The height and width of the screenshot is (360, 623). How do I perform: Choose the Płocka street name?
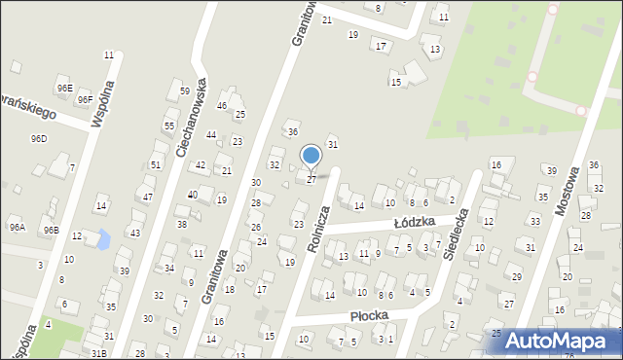(370, 315)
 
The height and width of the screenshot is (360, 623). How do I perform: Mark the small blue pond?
(100, 238)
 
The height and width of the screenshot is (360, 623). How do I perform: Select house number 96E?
(64, 88)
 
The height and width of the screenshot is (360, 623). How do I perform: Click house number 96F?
(86, 99)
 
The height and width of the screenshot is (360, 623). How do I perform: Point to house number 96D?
(39, 138)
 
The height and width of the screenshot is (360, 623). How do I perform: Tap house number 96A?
(18, 227)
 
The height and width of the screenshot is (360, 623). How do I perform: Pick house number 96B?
(51, 230)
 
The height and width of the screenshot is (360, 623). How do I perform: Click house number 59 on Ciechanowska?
(185, 90)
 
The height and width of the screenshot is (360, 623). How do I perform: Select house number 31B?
(98, 352)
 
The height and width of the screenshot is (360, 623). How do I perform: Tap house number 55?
(169, 126)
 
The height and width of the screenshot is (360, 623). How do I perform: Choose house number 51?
(156, 165)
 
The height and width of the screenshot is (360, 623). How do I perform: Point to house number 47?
(148, 197)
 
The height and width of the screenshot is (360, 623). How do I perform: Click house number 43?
(135, 234)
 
